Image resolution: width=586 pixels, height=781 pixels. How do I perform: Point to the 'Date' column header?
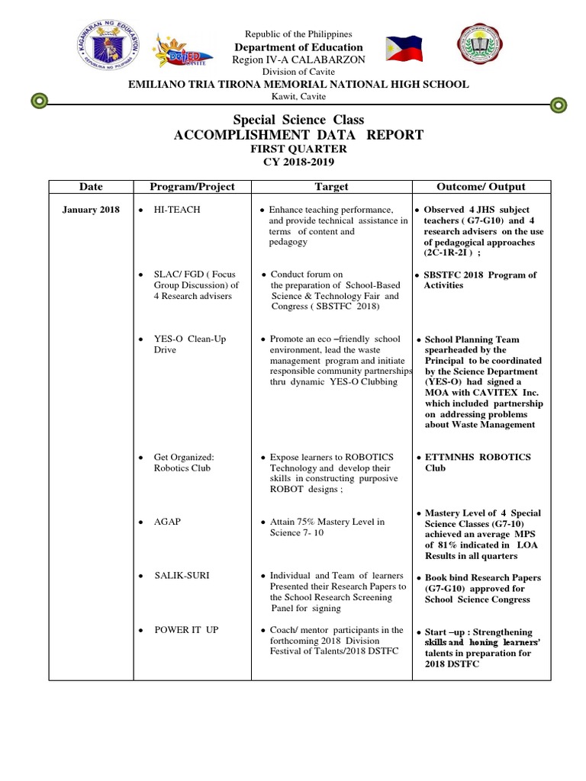[x=90, y=187]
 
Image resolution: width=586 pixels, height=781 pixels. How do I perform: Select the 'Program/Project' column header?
[x=192, y=187]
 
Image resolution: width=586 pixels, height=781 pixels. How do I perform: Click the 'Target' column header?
[x=331, y=187]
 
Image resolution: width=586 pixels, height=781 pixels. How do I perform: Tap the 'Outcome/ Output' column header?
[x=481, y=187]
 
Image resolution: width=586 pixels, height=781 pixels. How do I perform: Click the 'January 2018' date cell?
[x=91, y=210]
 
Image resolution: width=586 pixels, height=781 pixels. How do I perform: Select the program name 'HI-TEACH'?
[x=177, y=210]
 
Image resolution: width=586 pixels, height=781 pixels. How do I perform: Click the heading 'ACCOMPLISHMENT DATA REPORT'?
[x=298, y=135]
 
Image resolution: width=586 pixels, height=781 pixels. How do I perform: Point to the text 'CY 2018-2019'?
[x=298, y=162]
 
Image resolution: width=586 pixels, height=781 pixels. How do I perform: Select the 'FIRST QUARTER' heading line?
[x=298, y=149]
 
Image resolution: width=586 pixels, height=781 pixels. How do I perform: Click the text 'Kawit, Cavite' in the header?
[x=298, y=96]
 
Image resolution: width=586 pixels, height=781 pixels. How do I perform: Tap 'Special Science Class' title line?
[x=298, y=120]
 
